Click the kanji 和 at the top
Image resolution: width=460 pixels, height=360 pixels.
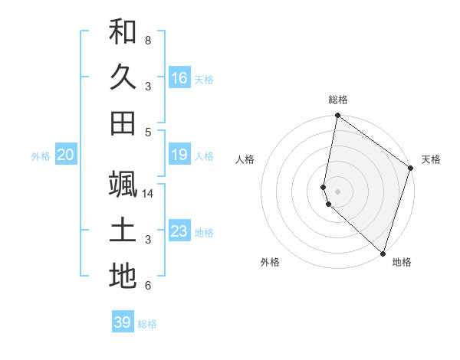point(123,31)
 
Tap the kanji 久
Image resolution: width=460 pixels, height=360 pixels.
point(123,77)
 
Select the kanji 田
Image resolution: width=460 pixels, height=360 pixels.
point(123,123)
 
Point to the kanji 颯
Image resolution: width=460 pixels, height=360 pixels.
point(123,185)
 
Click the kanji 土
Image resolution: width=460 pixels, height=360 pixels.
point(123,231)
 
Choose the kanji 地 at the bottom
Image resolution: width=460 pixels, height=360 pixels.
point(123,277)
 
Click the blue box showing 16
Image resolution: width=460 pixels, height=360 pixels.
point(179,77)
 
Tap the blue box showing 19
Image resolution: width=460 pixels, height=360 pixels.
point(179,155)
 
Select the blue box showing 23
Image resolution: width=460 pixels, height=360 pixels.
point(179,231)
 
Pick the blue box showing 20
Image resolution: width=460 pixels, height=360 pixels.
point(65,155)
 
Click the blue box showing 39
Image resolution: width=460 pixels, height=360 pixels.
point(123,322)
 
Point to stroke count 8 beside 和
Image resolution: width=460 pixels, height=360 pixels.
point(148,40)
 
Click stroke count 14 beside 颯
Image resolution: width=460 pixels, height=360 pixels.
point(149,194)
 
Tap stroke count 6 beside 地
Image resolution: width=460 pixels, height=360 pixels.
point(148,286)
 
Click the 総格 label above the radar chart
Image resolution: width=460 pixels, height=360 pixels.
point(338,100)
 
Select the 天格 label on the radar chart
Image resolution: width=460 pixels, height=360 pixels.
point(431,159)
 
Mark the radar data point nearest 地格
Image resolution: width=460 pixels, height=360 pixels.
point(383,253)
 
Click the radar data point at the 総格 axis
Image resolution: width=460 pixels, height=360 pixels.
point(337,116)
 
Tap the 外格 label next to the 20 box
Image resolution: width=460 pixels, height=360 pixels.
point(41,156)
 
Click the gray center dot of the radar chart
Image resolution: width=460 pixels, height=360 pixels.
point(337,191)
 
